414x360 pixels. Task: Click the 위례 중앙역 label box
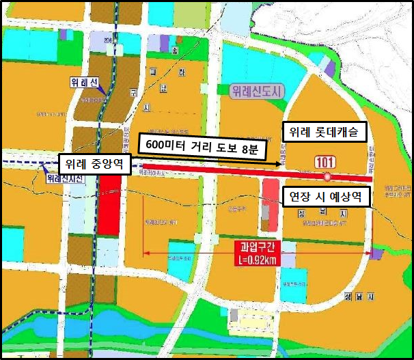(x=94, y=165)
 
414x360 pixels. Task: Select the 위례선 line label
(x=85, y=83)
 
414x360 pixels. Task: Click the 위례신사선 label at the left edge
(x=63, y=179)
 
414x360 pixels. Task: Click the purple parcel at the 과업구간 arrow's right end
(x=376, y=253)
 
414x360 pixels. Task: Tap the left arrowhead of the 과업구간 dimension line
(x=145, y=255)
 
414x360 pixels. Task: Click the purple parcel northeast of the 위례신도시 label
(x=329, y=68)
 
